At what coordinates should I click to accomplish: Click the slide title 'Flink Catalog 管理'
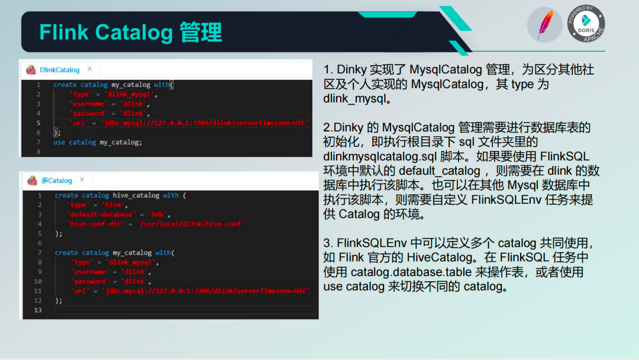130,32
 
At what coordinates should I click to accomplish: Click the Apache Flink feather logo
544,25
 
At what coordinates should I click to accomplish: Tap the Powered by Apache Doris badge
586,24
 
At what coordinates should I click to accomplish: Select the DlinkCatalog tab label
60,70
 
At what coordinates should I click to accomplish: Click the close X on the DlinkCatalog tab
90,69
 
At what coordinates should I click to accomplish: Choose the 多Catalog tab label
57,180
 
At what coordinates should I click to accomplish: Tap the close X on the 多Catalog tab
82,179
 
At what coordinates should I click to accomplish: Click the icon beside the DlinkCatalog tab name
31,70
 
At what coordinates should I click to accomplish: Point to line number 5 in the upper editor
38,123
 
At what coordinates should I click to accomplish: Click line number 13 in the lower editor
38,310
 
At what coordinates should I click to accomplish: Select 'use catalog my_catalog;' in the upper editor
98,142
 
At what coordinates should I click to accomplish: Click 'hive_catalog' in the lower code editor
136,195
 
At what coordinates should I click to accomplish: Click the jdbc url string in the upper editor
205,123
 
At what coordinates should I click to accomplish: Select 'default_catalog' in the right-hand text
439,171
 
